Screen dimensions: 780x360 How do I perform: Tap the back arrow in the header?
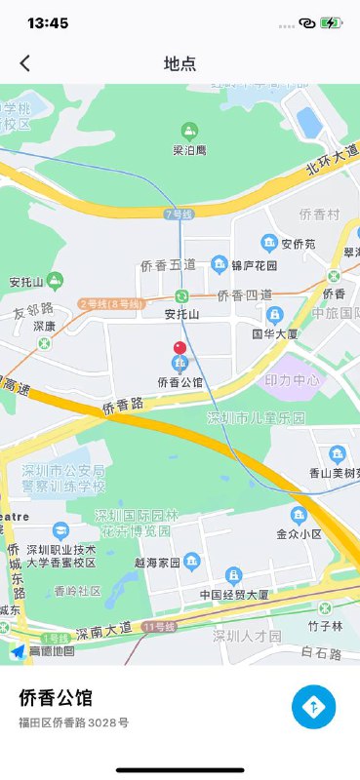pos(25,63)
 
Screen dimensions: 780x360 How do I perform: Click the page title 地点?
pos(180,63)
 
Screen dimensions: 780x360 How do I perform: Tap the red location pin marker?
pos(180,349)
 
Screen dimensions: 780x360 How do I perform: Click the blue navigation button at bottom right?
pos(313,707)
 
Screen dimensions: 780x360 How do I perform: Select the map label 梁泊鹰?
pos(190,150)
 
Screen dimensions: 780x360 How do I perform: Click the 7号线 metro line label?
pos(180,213)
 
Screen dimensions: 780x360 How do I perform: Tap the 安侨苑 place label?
pos(297,244)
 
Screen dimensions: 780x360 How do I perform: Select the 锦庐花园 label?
pos(255,265)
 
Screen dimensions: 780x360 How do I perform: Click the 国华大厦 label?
pos(275,332)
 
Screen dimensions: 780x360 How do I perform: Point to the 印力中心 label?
pos(293,379)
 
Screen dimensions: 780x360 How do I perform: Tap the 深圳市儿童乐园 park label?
pos(256,417)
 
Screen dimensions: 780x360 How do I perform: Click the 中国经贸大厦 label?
pos(234,594)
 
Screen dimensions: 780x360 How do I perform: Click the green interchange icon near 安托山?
pos(180,295)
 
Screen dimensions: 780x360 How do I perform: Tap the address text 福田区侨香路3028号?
pos(74,723)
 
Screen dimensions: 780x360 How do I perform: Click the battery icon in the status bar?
pos(332,22)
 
